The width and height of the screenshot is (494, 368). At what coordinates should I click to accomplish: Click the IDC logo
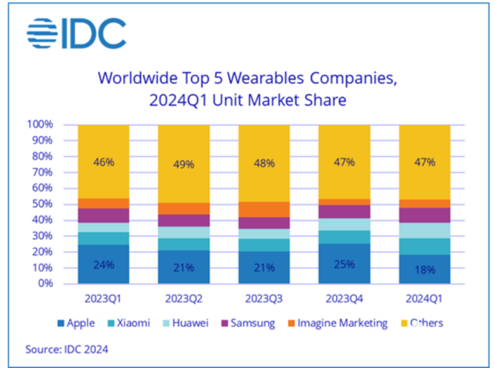click(76, 34)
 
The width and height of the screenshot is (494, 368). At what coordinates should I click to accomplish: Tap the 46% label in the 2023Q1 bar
click(104, 163)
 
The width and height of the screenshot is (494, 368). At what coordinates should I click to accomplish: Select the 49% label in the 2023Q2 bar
click(184, 165)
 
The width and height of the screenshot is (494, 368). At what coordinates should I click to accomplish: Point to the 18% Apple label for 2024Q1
click(424, 269)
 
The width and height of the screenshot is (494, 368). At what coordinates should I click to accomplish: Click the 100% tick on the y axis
click(39, 125)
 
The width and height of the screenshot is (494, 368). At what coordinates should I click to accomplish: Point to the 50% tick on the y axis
click(42, 204)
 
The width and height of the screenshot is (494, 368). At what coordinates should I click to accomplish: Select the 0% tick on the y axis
click(45, 283)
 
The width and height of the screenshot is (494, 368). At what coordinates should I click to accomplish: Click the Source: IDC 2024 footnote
click(67, 349)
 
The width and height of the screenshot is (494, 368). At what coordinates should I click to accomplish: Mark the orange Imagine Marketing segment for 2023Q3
click(264, 209)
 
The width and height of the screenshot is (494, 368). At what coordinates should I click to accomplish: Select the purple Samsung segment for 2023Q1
click(104, 215)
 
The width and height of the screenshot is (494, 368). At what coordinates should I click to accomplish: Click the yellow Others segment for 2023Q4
click(344, 179)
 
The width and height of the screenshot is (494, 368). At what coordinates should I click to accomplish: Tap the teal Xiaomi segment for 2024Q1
click(424, 246)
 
